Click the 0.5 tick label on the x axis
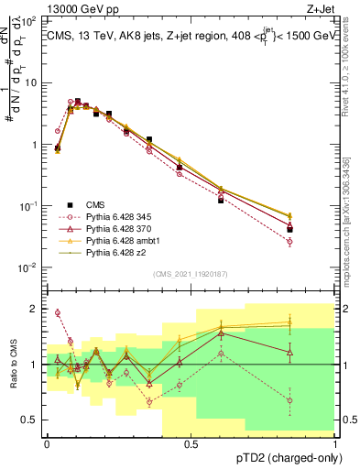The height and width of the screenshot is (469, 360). (x=191, y=443)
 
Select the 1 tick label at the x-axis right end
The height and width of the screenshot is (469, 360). (x=335, y=443)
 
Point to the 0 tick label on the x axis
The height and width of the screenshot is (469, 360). (x=47, y=443)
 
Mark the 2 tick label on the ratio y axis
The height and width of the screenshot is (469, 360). (x=35, y=310)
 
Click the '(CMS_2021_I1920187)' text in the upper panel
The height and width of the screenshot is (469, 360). (x=191, y=273)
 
